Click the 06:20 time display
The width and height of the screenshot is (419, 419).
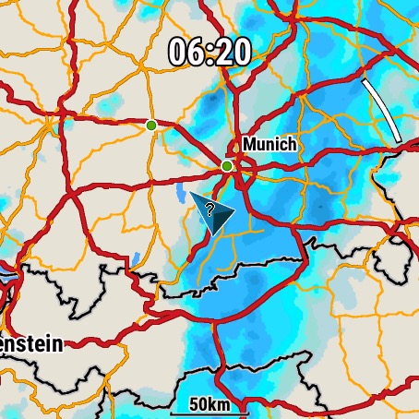pyautogui.click(x=209, y=52)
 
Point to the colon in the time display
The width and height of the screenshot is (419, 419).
pyautogui.click(x=209, y=53)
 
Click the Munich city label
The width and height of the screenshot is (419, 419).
pyautogui.click(x=269, y=145)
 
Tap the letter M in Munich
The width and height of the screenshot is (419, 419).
pyautogui.click(x=249, y=145)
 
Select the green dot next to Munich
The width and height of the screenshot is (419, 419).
pyautogui.click(x=227, y=166)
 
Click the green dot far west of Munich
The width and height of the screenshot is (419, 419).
pyautogui.click(x=151, y=125)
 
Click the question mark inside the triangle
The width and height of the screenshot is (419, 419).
pyautogui.click(x=210, y=209)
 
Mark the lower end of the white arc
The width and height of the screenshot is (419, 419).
pyautogui.click(x=399, y=140)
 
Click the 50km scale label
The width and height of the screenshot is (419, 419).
pyautogui.click(x=209, y=404)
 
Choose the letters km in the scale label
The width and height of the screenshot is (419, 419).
pyautogui.click(x=221, y=404)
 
